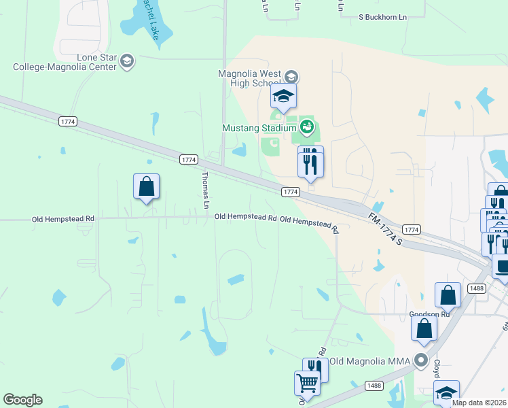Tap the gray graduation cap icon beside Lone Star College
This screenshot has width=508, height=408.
pyautogui.click(x=126, y=62)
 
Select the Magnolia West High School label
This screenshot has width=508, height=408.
pyautogui.click(x=249, y=78)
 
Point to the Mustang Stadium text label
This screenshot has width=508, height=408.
pyautogui.click(x=259, y=127)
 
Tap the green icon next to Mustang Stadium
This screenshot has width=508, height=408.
pyautogui.click(x=306, y=126)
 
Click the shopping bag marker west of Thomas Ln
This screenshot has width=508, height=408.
pyautogui.click(x=146, y=186)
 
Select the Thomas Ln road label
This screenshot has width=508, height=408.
pyautogui.click(x=205, y=190)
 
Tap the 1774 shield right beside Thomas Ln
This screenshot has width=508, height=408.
pyautogui.click(x=189, y=160)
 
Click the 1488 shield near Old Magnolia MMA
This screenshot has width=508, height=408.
pyautogui.click(x=373, y=386)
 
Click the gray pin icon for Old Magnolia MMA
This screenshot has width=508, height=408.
pyautogui.click(x=422, y=360)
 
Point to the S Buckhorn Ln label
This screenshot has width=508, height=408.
pyautogui.click(x=382, y=16)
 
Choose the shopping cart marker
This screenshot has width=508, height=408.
pyautogui.click(x=307, y=382)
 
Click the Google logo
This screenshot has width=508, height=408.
pyautogui.click(x=22, y=400)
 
